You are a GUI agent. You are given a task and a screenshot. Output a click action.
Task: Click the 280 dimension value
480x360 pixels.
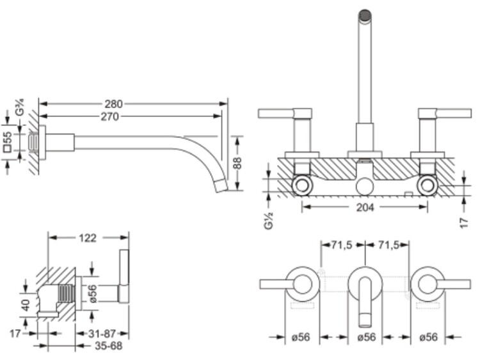click(x=113, y=104)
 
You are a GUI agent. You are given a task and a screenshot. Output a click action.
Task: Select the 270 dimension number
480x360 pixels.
click(x=110, y=116)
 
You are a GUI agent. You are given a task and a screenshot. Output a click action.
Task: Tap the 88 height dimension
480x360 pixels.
click(x=237, y=162)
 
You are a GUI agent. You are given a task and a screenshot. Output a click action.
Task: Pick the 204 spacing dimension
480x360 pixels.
click(x=365, y=207)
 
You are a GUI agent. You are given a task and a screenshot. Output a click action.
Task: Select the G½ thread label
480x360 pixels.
click(x=268, y=221)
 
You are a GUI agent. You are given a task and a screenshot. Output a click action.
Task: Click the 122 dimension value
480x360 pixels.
click(x=88, y=238)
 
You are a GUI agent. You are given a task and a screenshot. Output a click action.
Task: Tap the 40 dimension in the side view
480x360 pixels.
click(x=26, y=304)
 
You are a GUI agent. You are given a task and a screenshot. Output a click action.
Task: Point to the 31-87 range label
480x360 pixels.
click(x=102, y=333)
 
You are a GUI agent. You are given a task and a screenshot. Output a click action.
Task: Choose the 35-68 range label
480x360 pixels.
click(x=108, y=346)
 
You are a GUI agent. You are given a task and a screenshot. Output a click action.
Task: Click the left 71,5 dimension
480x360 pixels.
click(x=342, y=245)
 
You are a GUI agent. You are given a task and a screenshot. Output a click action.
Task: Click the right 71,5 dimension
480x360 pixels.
click(x=388, y=245)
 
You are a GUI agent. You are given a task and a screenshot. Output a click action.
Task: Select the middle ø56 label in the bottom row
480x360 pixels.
click(x=367, y=337)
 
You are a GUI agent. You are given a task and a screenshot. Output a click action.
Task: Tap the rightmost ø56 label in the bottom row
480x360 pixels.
click(x=429, y=337)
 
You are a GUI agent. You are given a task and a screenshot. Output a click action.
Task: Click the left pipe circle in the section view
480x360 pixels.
click(x=302, y=186)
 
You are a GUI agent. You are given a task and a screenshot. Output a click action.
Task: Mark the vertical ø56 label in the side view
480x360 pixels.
click(x=93, y=293)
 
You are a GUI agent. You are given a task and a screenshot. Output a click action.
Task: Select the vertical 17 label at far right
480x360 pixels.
click(x=464, y=223)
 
